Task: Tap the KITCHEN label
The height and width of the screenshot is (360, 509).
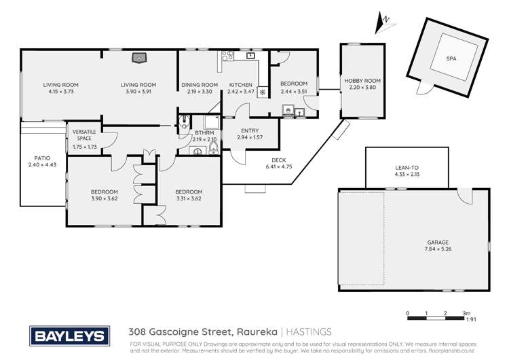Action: click(x=240, y=85)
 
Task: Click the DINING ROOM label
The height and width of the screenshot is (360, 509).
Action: click(x=200, y=85)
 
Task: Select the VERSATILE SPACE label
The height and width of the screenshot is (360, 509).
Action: click(x=83, y=134)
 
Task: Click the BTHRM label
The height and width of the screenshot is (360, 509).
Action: click(x=204, y=133)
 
